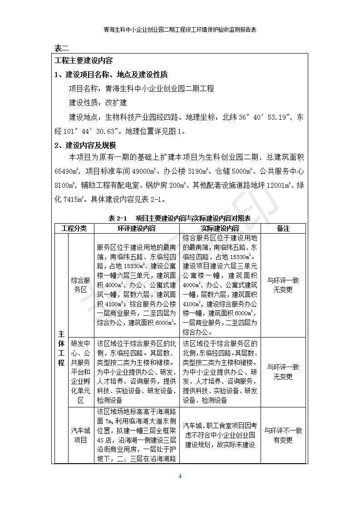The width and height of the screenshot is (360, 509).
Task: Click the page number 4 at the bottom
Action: [180, 476]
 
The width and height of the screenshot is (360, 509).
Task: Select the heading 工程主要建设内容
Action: [84, 61]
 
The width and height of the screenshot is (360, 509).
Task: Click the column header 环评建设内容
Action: [137, 229]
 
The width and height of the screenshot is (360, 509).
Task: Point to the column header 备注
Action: [283, 229]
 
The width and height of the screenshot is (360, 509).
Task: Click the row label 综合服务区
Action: [80, 285]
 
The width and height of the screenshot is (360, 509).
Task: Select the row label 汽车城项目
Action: [80, 435]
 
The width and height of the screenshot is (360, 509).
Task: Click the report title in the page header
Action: [180, 30]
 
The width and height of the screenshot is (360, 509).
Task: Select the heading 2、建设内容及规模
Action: [85, 146]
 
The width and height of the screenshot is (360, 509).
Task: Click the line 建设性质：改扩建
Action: [98, 103]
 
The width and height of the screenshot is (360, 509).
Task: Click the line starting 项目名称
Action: [141, 89]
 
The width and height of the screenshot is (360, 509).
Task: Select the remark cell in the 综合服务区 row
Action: [283, 285]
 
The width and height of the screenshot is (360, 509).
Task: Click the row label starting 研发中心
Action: [80, 372]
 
